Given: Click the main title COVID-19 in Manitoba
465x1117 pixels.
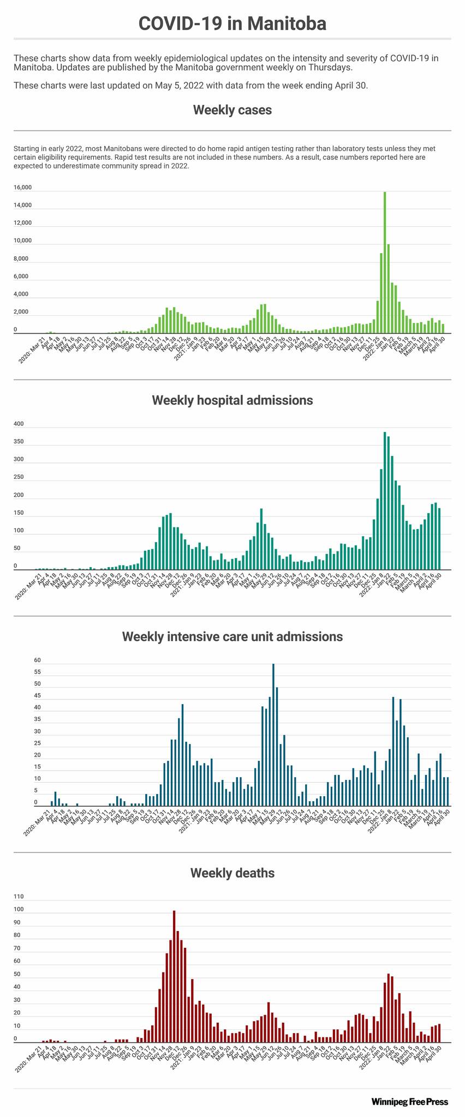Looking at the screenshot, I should point(232,23).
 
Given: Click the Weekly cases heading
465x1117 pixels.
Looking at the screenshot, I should point(232,110).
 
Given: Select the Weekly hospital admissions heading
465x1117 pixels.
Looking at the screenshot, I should point(232,400).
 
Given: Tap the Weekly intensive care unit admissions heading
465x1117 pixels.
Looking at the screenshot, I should point(232,636).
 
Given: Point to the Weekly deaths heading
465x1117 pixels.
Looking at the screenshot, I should point(232,873).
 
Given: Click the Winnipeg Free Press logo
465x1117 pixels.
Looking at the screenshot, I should point(409,1102).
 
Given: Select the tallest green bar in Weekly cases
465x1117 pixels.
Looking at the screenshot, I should point(385,262).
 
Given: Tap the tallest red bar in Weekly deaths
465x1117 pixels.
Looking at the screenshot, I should point(174,976).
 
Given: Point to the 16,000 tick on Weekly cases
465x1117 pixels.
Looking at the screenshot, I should point(22,188).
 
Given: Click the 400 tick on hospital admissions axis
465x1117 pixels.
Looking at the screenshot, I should point(19,424).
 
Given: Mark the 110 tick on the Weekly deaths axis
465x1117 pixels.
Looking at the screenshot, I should point(19,897).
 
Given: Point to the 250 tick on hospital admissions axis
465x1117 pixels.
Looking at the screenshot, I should point(19,477).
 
